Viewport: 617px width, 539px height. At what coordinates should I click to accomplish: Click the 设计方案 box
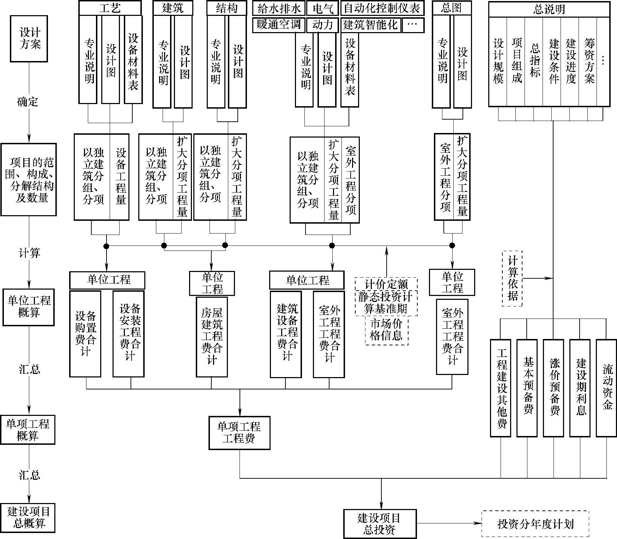[29, 38]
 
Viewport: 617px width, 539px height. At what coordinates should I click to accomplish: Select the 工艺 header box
[110, 8]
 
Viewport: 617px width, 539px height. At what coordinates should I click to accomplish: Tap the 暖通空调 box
[278, 25]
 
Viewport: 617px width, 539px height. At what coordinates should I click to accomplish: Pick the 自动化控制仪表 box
[382, 8]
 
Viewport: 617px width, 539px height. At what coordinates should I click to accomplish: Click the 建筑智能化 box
[370, 25]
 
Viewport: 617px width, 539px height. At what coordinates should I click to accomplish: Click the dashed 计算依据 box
[512, 278]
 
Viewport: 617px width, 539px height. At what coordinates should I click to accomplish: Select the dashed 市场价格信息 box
[386, 329]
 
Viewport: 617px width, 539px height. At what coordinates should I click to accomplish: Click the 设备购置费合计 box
[85, 333]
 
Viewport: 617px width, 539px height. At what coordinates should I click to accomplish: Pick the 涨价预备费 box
[554, 388]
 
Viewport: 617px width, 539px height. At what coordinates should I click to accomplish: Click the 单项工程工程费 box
[239, 433]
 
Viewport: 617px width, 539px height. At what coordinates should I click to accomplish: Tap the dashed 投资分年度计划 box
[535, 523]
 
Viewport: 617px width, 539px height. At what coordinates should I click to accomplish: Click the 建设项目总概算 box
[28, 517]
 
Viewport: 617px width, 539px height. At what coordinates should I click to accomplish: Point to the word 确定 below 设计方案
[28, 102]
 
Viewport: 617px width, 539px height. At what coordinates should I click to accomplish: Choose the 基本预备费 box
[527, 388]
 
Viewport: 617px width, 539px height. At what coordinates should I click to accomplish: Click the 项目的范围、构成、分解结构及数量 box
[29, 180]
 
